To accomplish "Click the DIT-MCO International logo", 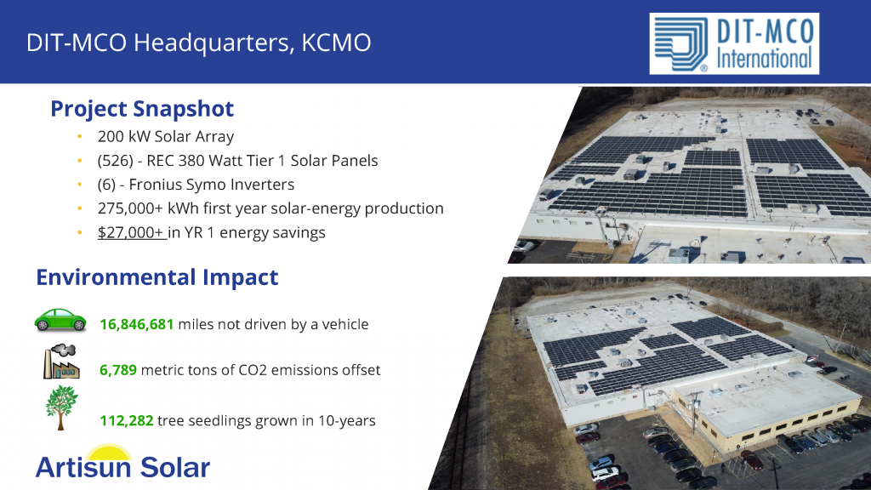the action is (734, 44).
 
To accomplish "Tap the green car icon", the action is (60, 321).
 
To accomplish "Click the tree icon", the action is (61, 407).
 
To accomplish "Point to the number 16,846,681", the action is (137, 324).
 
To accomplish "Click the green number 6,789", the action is (118, 370).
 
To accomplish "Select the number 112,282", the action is (127, 420).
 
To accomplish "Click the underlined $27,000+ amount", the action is (131, 232).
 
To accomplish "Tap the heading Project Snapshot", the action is (142, 109).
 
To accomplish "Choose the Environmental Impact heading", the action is (157, 277).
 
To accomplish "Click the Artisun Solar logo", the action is (122, 462).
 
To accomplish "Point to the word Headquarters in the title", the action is (213, 43).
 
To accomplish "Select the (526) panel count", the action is (116, 161).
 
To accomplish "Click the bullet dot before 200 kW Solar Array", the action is (80, 137).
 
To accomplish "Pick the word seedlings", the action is (220, 421).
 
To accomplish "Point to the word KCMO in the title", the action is (336, 43).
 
